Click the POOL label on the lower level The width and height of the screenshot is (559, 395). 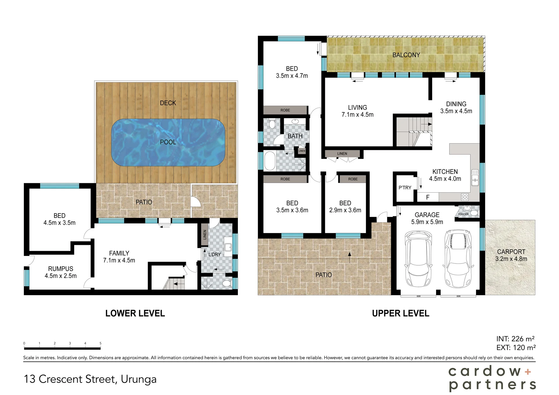[x=168, y=142]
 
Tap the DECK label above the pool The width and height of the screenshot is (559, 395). [x=168, y=103]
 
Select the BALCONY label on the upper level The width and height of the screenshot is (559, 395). [x=406, y=55]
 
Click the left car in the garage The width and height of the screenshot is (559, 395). [x=418, y=259]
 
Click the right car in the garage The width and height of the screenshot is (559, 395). [x=458, y=259]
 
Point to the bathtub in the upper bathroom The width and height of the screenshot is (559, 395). [x=270, y=161]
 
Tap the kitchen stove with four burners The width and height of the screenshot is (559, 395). [x=465, y=197]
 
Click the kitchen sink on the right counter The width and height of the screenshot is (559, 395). [x=475, y=178]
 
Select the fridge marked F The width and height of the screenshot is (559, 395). [x=428, y=197]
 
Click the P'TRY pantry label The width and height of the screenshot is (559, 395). [x=405, y=188]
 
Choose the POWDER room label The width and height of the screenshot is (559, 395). [x=463, y=214]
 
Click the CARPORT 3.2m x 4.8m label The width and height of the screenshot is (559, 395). [x=511, y=255]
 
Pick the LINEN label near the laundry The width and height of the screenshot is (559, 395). [x=205, y=235]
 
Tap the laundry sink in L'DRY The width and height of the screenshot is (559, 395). [x=228, y=247]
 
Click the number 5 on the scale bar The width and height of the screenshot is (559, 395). [x=100, y=343]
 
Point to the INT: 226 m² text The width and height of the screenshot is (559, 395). [x=515, y=339]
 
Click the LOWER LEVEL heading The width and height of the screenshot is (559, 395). [x=135, y=313]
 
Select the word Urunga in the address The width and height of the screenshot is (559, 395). [x=139, y=379]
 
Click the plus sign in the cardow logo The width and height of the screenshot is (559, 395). [x=528, y=371]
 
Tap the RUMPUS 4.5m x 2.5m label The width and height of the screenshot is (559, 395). [x=61, y=272]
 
